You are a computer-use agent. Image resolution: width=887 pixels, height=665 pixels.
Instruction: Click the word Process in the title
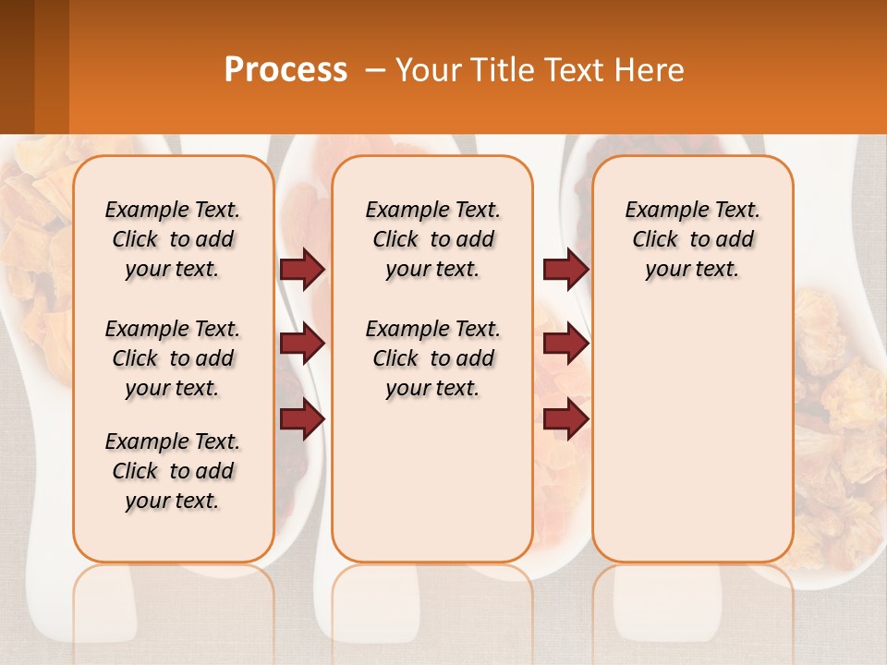286,70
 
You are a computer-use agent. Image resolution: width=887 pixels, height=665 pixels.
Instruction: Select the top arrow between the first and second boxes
302,270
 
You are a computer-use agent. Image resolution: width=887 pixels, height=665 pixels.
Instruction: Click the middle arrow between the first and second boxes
302,345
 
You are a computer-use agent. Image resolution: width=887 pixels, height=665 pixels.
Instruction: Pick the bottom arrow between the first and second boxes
302,419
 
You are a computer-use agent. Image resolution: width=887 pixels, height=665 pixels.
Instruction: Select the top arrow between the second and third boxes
565,270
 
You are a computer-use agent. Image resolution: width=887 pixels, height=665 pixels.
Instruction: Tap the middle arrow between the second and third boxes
565,345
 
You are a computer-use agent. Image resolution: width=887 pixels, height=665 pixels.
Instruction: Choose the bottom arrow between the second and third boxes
565,419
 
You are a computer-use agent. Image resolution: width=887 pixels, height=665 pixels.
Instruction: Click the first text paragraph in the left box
173,239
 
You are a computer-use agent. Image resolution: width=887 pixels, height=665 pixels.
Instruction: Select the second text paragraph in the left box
173,358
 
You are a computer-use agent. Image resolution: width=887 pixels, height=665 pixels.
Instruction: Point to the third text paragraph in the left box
173,471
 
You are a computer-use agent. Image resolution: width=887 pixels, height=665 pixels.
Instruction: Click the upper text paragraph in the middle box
432,239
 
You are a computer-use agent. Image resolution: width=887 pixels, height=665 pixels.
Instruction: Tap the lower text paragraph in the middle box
432,358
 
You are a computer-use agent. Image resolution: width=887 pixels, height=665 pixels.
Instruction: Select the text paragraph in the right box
692,239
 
